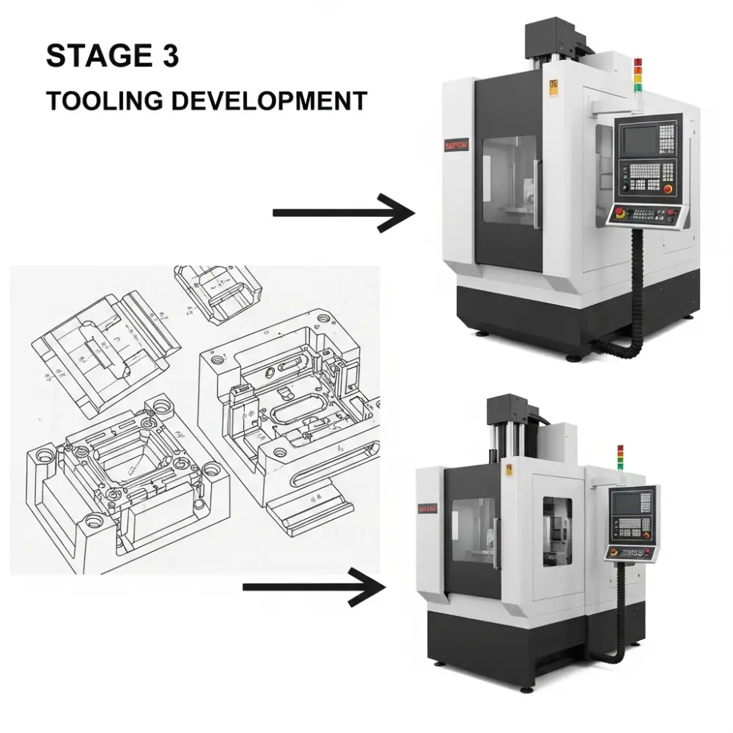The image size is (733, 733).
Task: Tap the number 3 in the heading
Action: [x=169, y=56]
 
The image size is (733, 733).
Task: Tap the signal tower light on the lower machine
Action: [x=619, y=459]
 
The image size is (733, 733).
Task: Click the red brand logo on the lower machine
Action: [x=428, y=508]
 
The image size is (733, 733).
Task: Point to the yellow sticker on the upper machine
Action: [x=553, y=86]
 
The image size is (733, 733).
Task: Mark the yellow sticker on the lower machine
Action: [x=508, y=469]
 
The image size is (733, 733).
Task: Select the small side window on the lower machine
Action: [x=557, y=531]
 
